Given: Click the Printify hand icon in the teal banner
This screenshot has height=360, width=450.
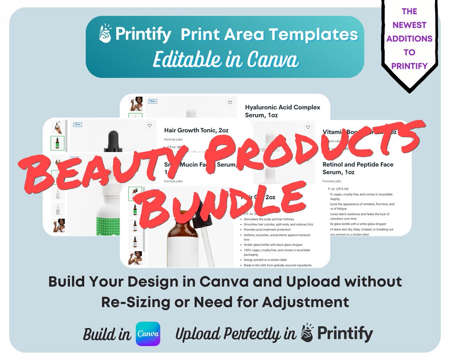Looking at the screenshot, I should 105,33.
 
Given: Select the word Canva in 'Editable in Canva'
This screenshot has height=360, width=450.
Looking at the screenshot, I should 273,60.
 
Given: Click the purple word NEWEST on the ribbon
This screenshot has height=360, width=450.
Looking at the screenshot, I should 409,25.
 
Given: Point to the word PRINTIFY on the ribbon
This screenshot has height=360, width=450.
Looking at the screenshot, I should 409,66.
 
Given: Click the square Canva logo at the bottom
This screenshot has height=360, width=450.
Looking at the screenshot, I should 148,334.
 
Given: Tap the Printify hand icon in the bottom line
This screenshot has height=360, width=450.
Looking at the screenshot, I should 307,333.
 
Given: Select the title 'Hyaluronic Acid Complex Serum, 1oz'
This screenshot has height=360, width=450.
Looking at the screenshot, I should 282,111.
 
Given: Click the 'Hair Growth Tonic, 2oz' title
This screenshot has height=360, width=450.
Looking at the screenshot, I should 196,130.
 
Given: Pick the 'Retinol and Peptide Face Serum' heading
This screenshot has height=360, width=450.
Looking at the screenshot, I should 357,167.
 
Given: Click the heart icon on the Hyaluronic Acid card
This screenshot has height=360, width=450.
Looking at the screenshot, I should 230,102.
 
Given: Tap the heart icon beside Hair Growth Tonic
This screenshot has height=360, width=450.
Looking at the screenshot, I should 150,125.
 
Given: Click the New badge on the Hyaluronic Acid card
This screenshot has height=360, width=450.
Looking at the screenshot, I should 152,101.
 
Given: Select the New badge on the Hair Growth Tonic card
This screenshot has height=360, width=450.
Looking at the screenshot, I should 77,124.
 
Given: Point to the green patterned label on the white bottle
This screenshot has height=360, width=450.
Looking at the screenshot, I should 111,225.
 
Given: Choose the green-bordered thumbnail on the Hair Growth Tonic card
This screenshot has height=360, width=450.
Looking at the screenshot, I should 57,143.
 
